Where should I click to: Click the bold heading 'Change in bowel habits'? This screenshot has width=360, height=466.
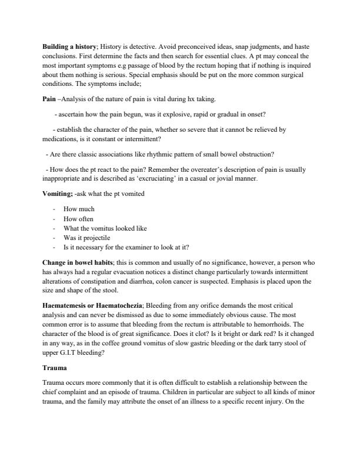(76, 262)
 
